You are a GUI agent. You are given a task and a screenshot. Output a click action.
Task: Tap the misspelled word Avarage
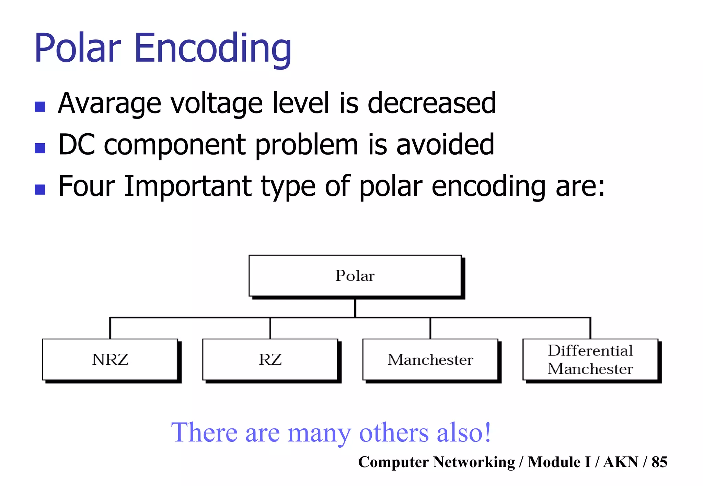click(x=110, y=104)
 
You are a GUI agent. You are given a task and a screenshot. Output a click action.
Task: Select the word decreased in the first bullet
click(x=431, y=104)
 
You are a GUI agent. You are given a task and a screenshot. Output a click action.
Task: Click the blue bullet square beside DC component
click(x=40, y=148)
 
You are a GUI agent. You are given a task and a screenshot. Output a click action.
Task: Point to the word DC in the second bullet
click(x=76, y=145)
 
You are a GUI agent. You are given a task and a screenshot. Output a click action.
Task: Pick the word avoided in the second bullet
click(x=445, y=145)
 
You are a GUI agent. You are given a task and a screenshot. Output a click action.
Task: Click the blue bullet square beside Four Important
click(x=40, y=190)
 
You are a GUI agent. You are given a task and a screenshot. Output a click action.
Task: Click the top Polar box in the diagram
click(x=355, y=276)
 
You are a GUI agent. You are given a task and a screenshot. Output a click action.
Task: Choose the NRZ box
click(x=110, y=360)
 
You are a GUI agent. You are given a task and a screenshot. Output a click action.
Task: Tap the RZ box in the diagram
click(x=270, y=360)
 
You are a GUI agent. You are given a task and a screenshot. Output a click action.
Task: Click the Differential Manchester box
click(x=590, y=360)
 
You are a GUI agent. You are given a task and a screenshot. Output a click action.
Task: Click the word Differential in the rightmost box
click(x=590, y=351)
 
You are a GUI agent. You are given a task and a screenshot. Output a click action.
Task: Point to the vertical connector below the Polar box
click(x=355, y=308)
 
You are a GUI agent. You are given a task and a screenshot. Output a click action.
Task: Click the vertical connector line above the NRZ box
click(x=110, y=328)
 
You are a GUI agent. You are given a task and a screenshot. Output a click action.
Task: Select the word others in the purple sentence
click(x=394, y=433)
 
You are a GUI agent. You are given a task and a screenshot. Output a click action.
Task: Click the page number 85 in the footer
click(x=659, y=462)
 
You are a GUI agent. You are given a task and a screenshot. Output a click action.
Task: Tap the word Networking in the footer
click(x=474, y=462)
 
